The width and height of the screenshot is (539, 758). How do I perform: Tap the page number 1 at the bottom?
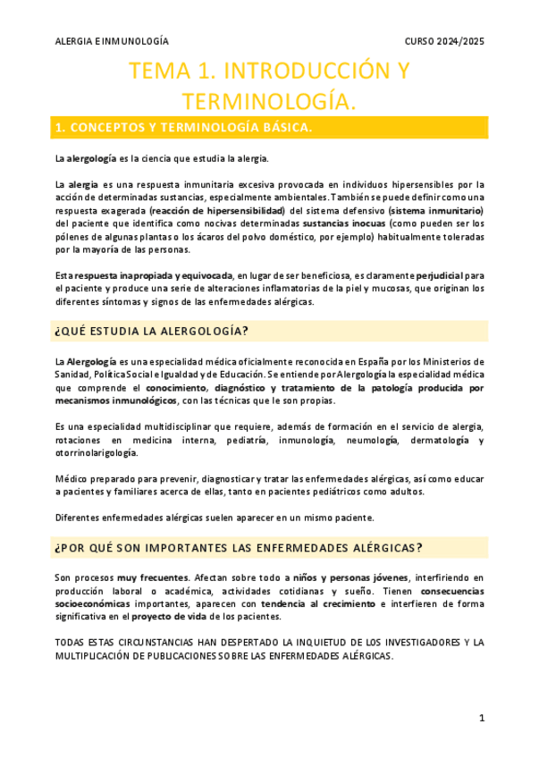[481, 718]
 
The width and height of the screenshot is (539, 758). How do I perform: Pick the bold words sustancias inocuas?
[344, 223]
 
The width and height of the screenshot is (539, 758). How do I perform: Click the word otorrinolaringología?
[99, 454]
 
